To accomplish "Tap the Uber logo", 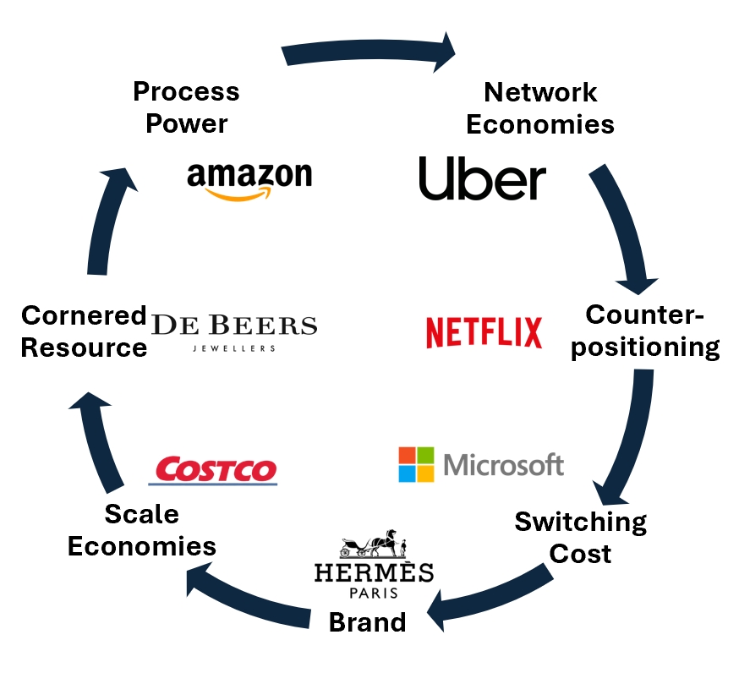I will (482, 179).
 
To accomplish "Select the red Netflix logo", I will (484, 332).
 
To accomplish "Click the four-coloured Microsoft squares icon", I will (416, 464).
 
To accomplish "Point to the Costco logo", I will (213, 471).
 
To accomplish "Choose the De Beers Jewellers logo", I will (233, 331).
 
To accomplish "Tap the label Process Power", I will (187, 107).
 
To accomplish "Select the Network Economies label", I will (540, 108).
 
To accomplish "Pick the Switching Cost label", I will (581, 538).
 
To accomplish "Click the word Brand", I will (367, 622).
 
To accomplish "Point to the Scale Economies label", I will (142, 530).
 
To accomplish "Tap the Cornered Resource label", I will (84, 331).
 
